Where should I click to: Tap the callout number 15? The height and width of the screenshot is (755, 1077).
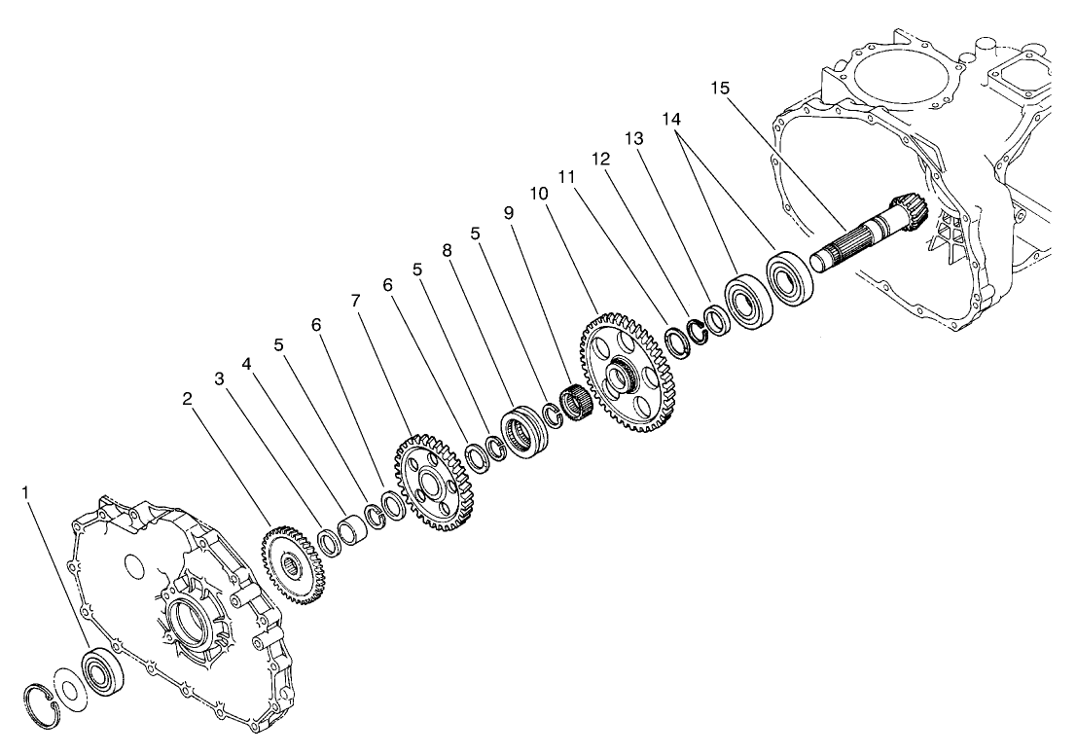point(720,89)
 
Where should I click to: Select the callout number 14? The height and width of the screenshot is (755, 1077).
point(672,118)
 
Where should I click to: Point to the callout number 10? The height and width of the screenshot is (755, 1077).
point(538,196)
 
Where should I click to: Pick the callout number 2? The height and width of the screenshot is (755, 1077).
point(188,398)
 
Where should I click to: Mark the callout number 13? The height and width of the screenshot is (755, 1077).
point(634,139)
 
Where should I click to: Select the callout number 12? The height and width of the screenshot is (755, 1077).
point(600,158)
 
